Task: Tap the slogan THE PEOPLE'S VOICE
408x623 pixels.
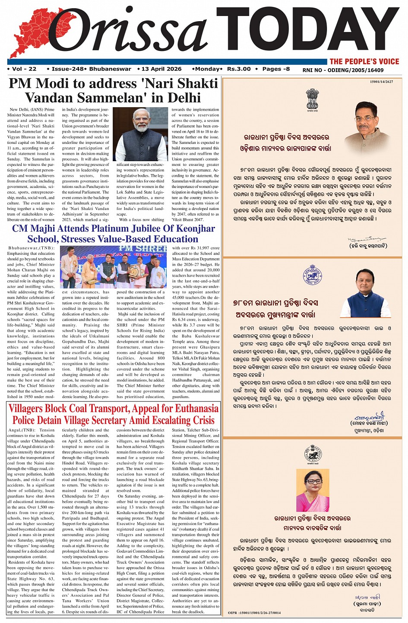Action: pyautogui.click(x=364, y=61)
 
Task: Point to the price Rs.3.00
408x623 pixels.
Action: pyautogui.click(x=239, y=69)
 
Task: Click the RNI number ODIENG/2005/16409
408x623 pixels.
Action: pyautogui.click(x=355, y=70)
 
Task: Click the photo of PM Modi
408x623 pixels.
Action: pyautogui.click(x=140, y=134)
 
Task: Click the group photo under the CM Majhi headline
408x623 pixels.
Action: pyautogui.click(x=113, y=267)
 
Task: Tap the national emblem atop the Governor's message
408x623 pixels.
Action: pyautogui.click(x=312, y=99)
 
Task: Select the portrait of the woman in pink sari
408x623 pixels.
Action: pyautogui.click(x=313, y=491)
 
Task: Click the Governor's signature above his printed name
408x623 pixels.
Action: pyautogui.click(x=367, y=238)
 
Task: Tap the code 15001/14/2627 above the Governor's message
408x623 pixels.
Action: pyautogui.click(x=382, y=82)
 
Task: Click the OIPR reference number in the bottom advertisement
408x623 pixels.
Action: pyautogui.click(x=254, y=613)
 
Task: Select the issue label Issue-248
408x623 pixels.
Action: pyautogui.click(x=67, y=69)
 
